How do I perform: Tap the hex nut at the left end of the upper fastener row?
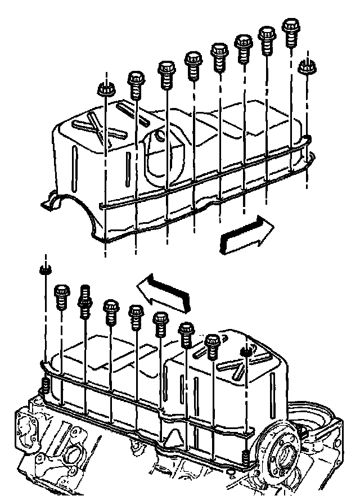point(105,91)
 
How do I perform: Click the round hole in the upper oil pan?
point(161,135)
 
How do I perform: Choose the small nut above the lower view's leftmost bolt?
point(46,271)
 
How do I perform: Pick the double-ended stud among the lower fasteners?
point(85,301)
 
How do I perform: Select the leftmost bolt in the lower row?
point(62,296)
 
